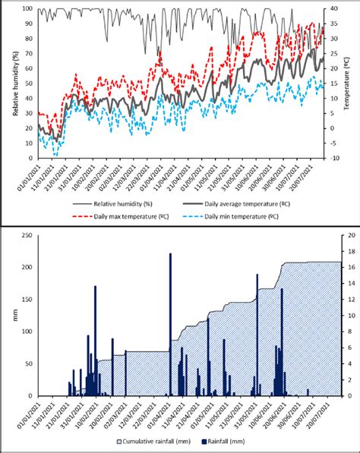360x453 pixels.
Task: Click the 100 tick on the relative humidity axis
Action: tap(27, 9)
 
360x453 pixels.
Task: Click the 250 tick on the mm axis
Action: tap(28, 235)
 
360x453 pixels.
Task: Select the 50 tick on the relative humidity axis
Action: tap(29, 83)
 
